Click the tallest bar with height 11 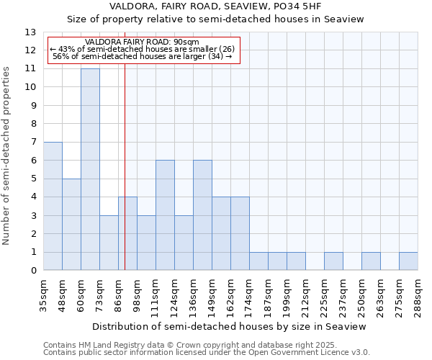click(x=90, y=169)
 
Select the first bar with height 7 click(x=53, y=206)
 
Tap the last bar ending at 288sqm click(x=408, y=261)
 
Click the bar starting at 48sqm click(x=71, y=225)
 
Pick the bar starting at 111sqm click(x=165, y=215)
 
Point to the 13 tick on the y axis click(x=30, y=32)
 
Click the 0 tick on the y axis click(x=33, y=271)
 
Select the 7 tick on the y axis click(x=33, y=142)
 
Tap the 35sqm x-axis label click(x=43, y=295)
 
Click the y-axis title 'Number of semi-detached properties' click(x=7, y=156)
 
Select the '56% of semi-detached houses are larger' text click(x=143, y=56)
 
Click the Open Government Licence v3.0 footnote click(x=207, y=353)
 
